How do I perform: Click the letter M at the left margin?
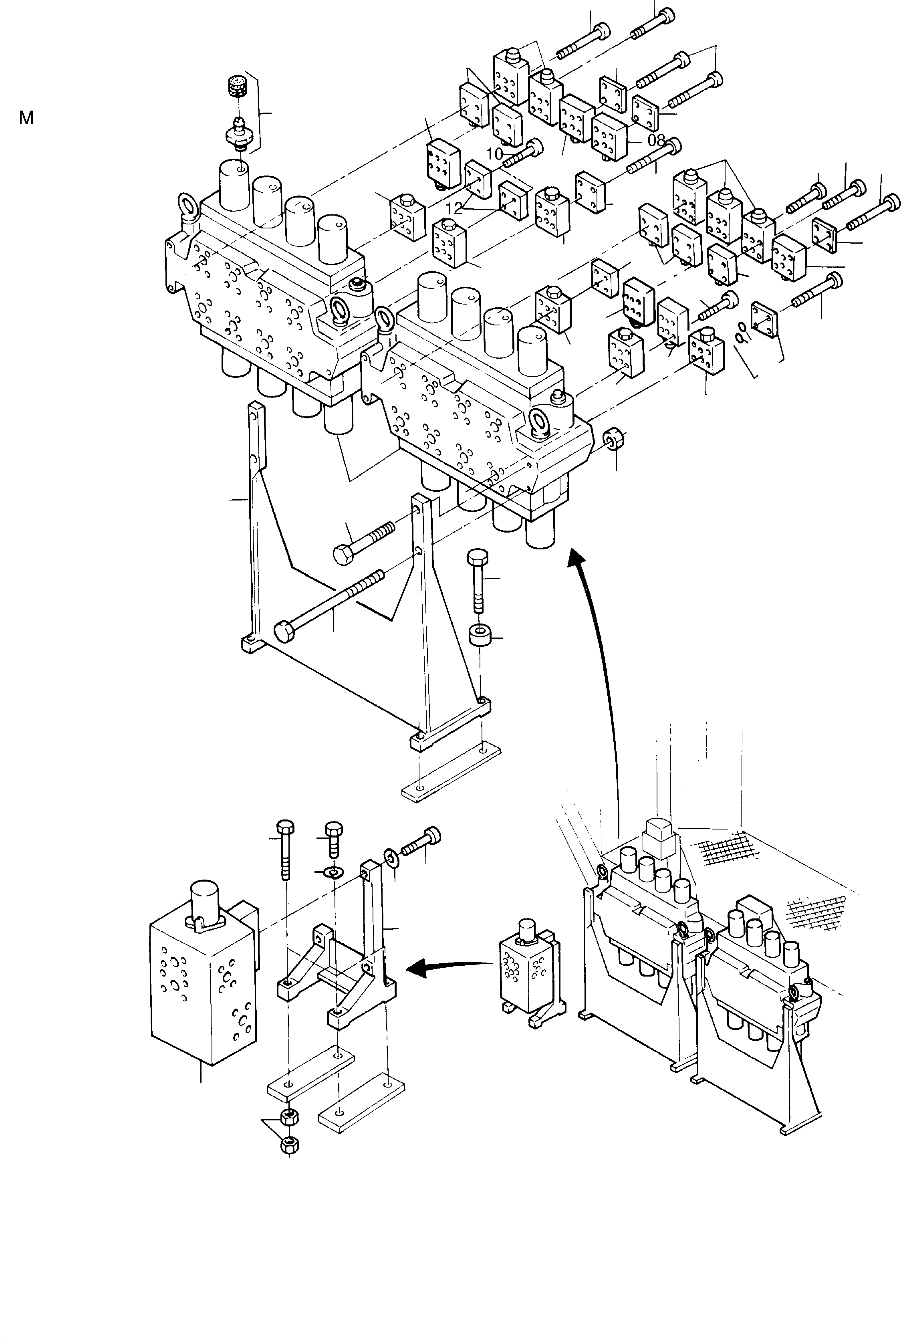point(26,118)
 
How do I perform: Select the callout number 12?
point(454,208)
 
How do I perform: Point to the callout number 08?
point(656,139)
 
